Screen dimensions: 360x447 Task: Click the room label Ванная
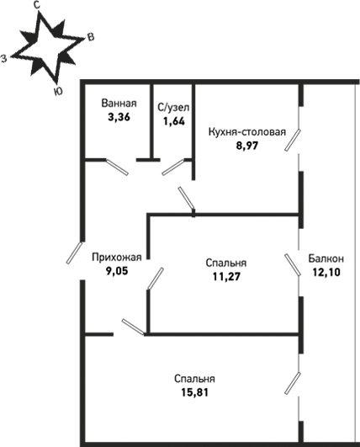tap(119, 104)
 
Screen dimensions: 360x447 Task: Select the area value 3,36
tap(119, 117)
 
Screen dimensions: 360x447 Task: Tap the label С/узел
tap(173, 108)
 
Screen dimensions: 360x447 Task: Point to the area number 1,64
tap(173, 121)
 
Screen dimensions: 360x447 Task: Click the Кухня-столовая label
tap(247, 132)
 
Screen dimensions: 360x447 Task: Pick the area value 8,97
tap(246, 146)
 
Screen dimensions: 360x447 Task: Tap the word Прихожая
tap(117, 257)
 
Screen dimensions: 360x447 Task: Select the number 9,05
tap(117, 271)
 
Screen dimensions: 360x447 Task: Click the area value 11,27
tap(226, 276)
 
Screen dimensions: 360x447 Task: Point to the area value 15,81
tap(195, 392)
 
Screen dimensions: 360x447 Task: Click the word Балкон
tap(326, 258)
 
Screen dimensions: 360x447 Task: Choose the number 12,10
tap(326, 272)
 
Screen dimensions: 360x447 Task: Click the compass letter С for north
tap(36, 6)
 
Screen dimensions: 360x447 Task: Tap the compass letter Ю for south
tap(58, 92)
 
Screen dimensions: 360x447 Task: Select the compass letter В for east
tap(91, 37)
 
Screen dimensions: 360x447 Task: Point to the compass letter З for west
tap(3, 58)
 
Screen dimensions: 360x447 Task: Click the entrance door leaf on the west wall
tap(74, 253)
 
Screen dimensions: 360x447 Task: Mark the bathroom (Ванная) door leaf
tap(117, 167)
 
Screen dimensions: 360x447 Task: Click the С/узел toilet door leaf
tap(173, 168)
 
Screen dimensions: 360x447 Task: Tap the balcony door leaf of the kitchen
tap(293, 140)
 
